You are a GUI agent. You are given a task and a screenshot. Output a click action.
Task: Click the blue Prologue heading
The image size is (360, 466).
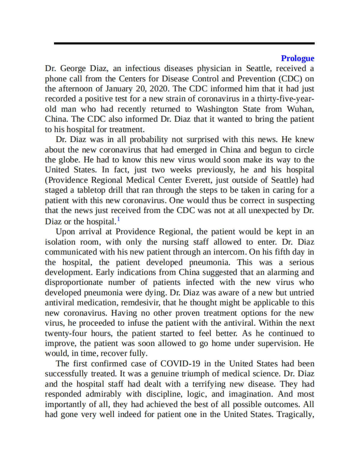297,58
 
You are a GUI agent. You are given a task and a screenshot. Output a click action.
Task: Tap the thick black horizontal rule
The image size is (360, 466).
184,43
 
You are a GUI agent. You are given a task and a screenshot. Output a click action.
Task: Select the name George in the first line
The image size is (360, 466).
73,69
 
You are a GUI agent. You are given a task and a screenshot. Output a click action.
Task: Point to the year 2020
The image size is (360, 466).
159,89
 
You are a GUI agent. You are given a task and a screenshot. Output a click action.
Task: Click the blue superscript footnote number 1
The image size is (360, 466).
118,219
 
